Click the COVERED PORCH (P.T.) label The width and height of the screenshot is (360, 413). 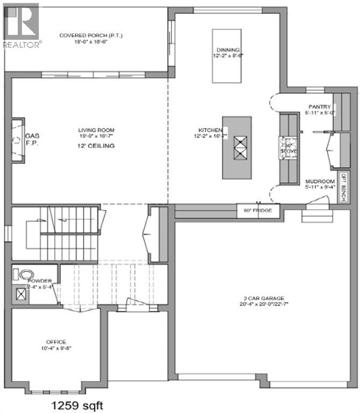click(x=91, y=35)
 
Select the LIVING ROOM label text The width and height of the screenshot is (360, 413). click(x=96, y=130)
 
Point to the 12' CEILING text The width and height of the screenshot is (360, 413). click(x=97, y=146)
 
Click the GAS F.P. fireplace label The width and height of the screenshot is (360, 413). click(x=32, y=140)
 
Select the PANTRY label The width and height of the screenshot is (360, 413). click(x=319, y=106)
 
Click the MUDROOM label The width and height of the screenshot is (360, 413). click(x=320, y=181)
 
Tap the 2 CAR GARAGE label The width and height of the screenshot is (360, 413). click(x=262, y=298)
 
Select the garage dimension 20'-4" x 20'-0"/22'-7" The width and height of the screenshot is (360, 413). click(x=262, y=304)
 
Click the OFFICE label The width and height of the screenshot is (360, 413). click(x=56, y=341)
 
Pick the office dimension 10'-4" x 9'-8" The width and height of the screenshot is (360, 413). click(x=56, y=348)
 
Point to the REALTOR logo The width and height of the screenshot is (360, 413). click(x=20, y=24)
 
